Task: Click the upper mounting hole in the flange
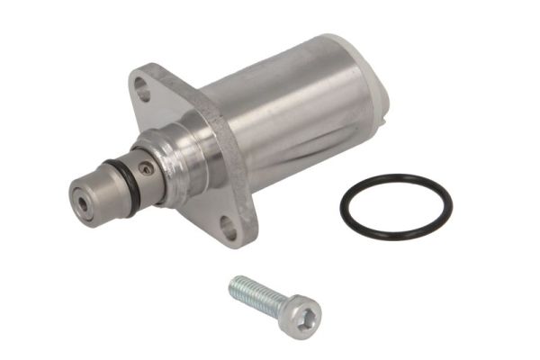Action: point(143,87)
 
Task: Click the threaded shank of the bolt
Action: point(256,295)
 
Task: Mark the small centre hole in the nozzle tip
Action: point(84,202)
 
